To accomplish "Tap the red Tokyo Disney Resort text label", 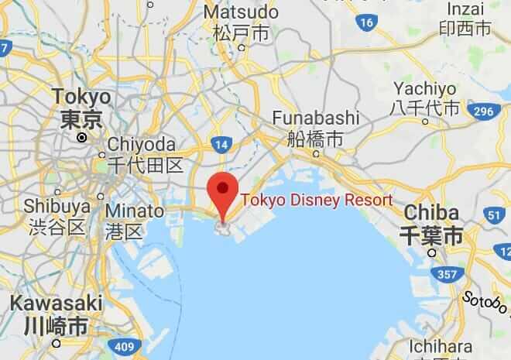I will point(317,200).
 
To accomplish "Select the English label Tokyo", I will point(81,98).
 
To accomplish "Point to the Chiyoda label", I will point(142,145).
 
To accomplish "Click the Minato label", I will point(135,211).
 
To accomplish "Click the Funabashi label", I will point(315,118).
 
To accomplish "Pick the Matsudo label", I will point(240,13).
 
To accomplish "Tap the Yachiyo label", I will point(425,88).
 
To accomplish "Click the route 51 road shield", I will point(495,215).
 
